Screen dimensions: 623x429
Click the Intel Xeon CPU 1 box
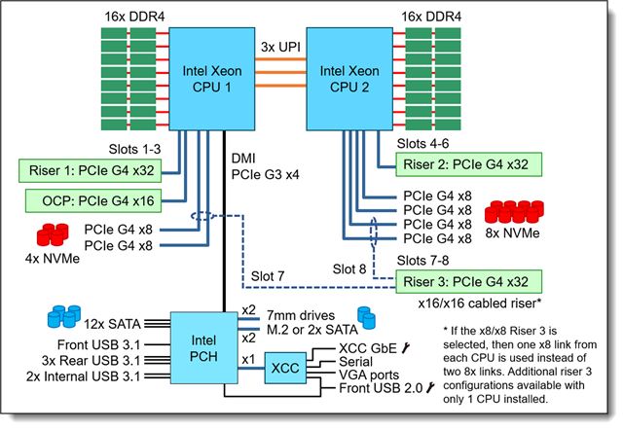pos(212,79)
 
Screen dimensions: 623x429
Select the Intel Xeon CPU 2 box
pos(349,79)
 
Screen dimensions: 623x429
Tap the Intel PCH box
pos(203,347)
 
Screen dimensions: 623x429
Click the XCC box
pos(285,368)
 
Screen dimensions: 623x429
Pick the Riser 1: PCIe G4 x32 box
pos(91,171)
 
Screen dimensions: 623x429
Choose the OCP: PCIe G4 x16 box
pos(93,200)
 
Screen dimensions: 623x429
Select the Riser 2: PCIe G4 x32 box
pos(469,164)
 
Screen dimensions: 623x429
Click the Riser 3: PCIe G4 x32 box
pos(469,282)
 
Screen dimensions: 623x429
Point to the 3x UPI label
pos(280,47)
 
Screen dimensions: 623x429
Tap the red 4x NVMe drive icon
pos(53,234)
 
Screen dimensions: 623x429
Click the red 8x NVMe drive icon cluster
pos(514,211)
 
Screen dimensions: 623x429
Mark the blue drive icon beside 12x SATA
pos(64,316)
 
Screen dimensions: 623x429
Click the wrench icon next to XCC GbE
pos(406,348)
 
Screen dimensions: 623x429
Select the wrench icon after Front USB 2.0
pos(430,388)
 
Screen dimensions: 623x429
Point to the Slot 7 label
pos(268,276)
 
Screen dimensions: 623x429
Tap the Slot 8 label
pos(349,268)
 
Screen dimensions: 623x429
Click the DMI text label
pos(243,159)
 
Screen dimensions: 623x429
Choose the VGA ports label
pos(369,375)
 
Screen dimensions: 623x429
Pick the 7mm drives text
pos(301,315)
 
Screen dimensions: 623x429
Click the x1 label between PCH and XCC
pos(248,360)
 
